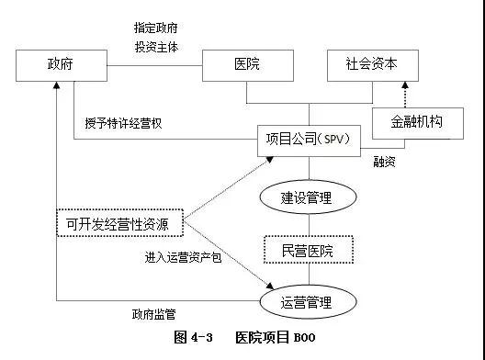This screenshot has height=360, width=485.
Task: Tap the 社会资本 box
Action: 372,65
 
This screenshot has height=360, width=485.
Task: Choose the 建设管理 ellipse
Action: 306,196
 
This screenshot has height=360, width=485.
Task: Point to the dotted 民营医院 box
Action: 306,248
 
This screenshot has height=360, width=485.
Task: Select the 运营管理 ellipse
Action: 306,300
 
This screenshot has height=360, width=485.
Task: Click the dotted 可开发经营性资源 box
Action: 118,222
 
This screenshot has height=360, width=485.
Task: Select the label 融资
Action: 384,161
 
